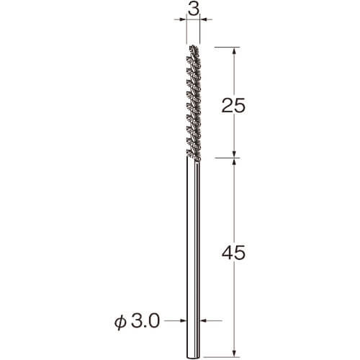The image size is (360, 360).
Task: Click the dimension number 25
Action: tap(233, 105)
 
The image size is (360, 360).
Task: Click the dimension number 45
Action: tap(233, 253)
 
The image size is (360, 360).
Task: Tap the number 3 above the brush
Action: tap(194, 9)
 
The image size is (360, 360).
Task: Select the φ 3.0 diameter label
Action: tap(137, 322)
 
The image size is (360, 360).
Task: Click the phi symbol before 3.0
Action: tap(120, 322)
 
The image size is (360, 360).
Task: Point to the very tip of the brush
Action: tap(193, 45)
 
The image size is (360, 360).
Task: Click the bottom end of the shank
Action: tap(193, 356)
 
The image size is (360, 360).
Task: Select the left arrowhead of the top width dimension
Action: tap(183, 19)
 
